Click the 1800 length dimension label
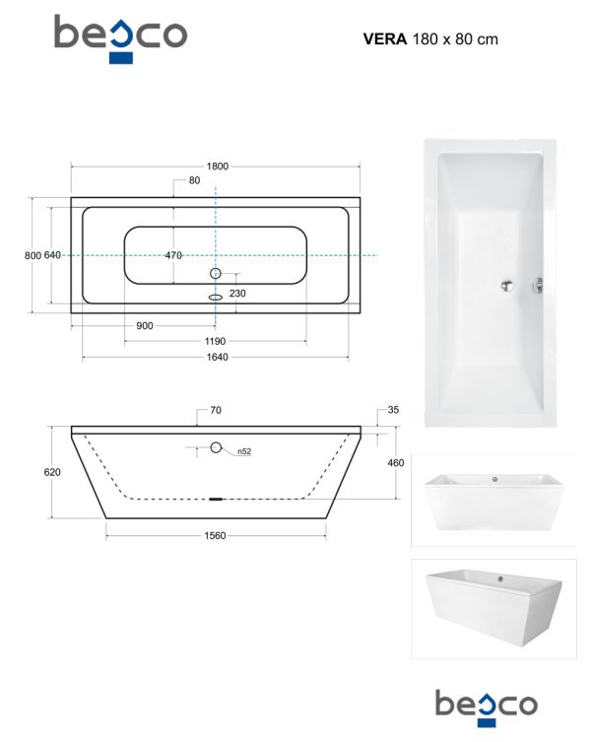coord(217,167)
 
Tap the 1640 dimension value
coord(217,357)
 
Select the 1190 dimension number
coord(215,341)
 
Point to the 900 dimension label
coord(145,325)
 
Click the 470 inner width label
coord(173,255)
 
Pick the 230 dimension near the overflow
coord(237,294)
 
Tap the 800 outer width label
coord(33,255)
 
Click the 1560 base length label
coord(215,535)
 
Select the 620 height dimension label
coord(52,472)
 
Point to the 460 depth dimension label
coord(396,463)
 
